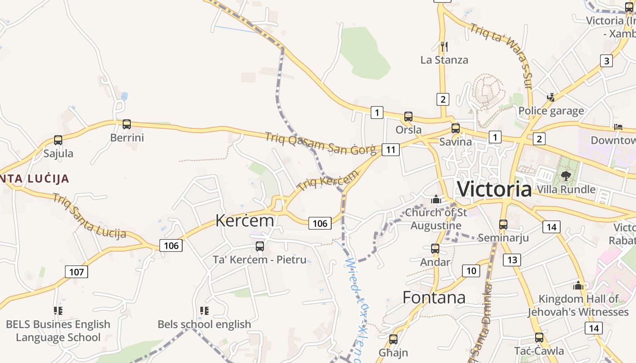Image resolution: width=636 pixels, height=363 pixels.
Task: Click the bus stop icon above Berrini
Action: pyautogui.click(x=127, y=124)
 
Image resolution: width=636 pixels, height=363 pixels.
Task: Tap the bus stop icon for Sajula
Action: pyautogui.click(x=58, y=140)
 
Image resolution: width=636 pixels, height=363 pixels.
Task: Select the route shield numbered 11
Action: pyautogui.click(x=391, y=149)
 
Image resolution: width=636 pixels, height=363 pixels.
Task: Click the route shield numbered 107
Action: pyautogui.click(x=77, y=272)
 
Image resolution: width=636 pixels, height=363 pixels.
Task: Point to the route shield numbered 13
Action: pyautogui.click(x=512, y=260)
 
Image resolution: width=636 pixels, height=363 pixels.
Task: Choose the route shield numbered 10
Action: pyautogui.click(x=471, y=271)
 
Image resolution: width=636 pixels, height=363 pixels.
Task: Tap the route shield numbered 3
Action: pyautogui.click(x=606, y=60)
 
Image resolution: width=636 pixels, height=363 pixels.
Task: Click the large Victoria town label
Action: pyautogui.click(x=494, y=188)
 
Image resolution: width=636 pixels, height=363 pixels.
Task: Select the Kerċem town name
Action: pyautogui.click(x=245, y=221)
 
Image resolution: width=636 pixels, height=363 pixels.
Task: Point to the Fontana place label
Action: pyautogui.click(x=434, y=298)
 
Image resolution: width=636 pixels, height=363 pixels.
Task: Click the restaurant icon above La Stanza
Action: pyautogui.click(x=444, y=46)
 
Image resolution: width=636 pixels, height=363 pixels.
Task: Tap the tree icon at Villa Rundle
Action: pyautogui.click(x=566, y=176)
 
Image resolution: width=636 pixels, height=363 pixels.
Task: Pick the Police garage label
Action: pyautogui.click(x=551, y=111)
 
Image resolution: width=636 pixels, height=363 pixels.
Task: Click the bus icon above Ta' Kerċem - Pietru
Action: pyautogui.click(x=260, y=246)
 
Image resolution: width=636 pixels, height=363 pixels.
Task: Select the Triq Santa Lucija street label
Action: pyautogui.click(x=89, y=216)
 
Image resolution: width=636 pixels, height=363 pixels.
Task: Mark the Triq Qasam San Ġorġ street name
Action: pyautogui.click(x=320, y=143)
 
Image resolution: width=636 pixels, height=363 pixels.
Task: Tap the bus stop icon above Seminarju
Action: pyautogui.click(x=503, y=224)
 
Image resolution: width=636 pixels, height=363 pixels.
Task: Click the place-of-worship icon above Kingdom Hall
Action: pyautogui.click(x=578, y=285)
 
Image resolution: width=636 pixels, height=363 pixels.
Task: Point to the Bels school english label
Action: pyautogui.click(x=204, y=324)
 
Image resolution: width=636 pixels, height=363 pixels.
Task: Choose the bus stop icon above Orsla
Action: pyautogui.click(x=408, y=117)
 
